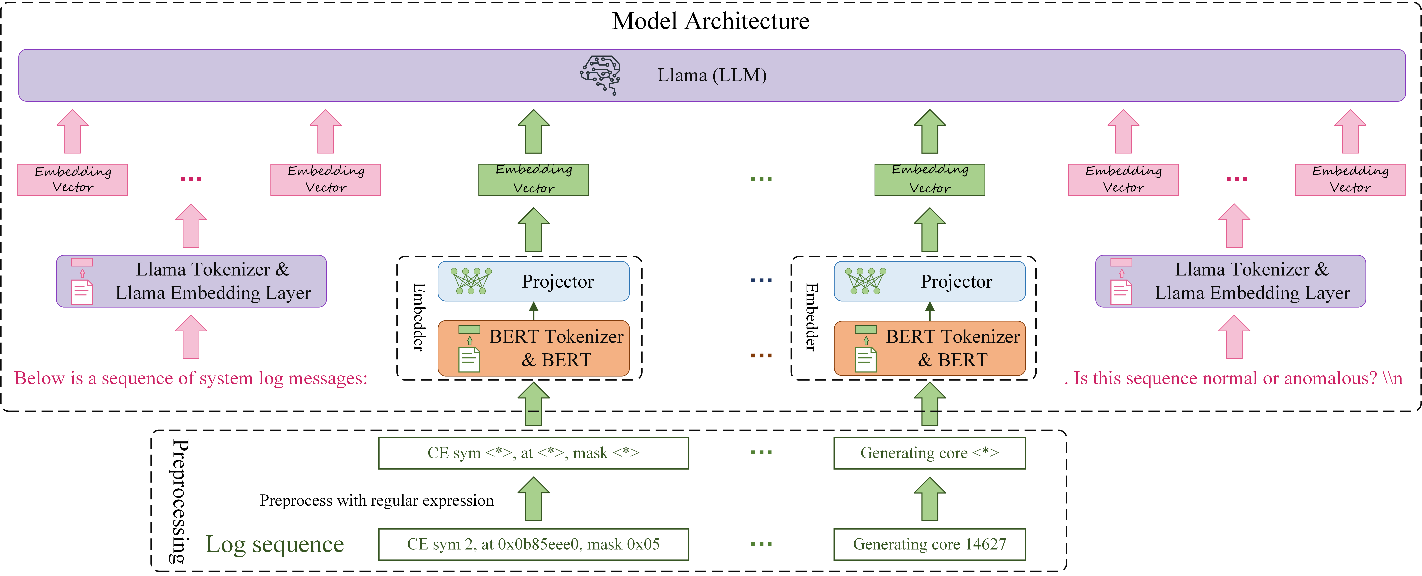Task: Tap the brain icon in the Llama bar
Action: (x=600, y=74)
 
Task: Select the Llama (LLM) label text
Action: (x=712, y=75)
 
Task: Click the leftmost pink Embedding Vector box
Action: (x=73, y=180)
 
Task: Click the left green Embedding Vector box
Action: (x=533, y=180)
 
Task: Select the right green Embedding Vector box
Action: (x=930, y=180)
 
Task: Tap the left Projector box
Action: (x=533, y=281)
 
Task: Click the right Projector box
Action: (x=930, y=281)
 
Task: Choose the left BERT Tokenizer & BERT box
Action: (x=533, y=348)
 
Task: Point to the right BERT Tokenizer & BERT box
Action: (x=930, y=348)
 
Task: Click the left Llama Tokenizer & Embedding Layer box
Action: (x=191, y=281)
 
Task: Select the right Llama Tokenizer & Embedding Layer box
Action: (x=1230, y=281)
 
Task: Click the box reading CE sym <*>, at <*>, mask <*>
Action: (x=533, y=453)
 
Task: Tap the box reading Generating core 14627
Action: (x=930, y=544)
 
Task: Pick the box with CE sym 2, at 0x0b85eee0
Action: (x=533, y=544)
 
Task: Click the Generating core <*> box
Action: (x=930, y=453)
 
